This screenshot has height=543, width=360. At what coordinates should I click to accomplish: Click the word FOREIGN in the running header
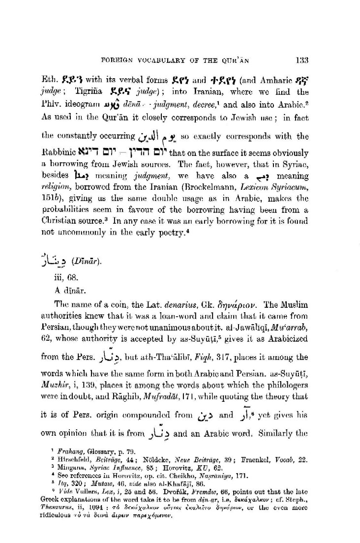point(116,61)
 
